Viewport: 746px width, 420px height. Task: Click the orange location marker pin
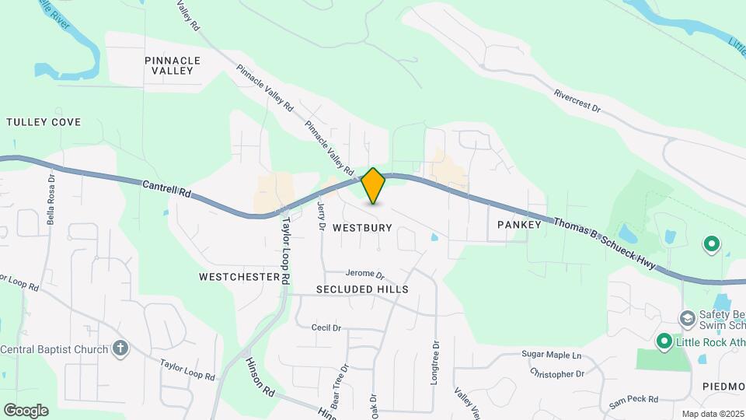(x=373, y=185)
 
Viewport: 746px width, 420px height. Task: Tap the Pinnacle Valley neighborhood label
(x=173, y=65)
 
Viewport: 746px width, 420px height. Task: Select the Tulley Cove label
(x=44, y=122)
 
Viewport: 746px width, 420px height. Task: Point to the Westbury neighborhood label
(x=362, y=228)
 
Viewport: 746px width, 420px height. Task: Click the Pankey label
(x=518, y=224)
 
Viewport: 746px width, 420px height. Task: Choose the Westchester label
(x=239, y=277)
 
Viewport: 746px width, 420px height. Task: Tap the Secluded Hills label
(x=362, y=289)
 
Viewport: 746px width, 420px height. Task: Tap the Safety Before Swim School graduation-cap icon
(x=687, y=317)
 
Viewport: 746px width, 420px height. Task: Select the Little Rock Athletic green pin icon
(x=664, y=341)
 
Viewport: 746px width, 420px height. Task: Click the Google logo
(x=26, y=410)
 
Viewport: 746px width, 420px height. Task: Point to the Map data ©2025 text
(x=712, y=414)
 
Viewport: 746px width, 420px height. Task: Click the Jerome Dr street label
(x=365, y=275)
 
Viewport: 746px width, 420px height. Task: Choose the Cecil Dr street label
(x=326, y=328)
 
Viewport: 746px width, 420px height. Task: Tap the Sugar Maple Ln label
(x=551, y=355)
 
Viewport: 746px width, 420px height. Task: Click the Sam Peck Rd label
(x=633, y=400)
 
